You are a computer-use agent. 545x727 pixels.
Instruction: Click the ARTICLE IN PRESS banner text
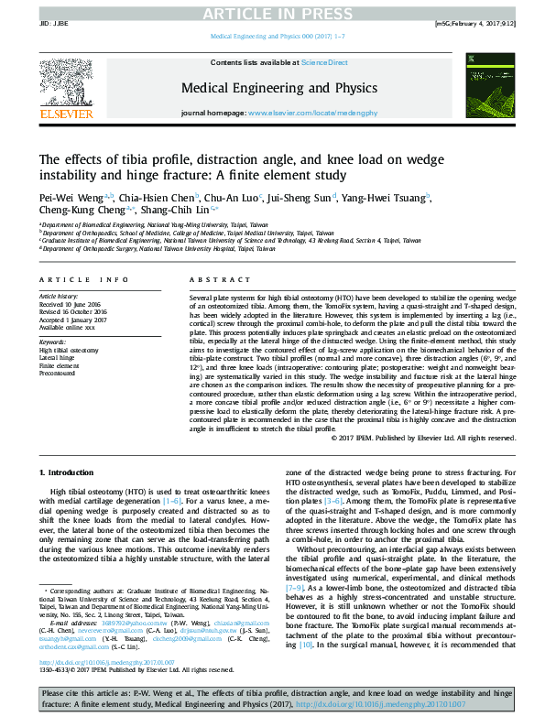[272, 12]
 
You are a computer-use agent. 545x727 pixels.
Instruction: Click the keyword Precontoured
[58, 373]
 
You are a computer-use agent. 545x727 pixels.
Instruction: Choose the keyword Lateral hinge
[58, 358]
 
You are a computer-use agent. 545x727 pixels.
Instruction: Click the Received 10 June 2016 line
[70, 305]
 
